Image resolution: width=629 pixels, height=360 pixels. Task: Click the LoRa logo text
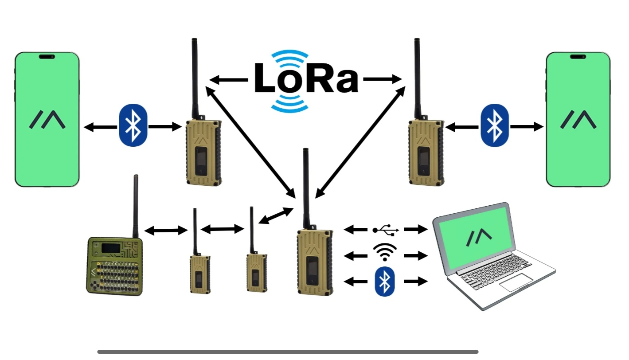click(306, 80)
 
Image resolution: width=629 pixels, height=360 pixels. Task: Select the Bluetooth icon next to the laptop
click(385, 281)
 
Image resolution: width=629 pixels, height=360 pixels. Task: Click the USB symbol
click(386, 230)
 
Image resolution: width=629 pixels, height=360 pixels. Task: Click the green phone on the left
click(47, 120)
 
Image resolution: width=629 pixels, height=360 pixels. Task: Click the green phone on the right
click(578, 120)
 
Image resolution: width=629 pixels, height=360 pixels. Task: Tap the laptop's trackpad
click(516, 282)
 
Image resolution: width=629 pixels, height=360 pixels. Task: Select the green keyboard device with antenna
click(115, 266)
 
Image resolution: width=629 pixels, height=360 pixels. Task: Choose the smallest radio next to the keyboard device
click(199, 274)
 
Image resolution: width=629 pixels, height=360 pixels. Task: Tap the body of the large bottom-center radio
click(314, 262)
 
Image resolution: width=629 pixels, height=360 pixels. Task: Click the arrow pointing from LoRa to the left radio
click(228, 80)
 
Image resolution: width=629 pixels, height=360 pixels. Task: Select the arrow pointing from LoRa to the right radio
click(382, 79)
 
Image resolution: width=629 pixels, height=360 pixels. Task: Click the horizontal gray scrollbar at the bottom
click(288, 352)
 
